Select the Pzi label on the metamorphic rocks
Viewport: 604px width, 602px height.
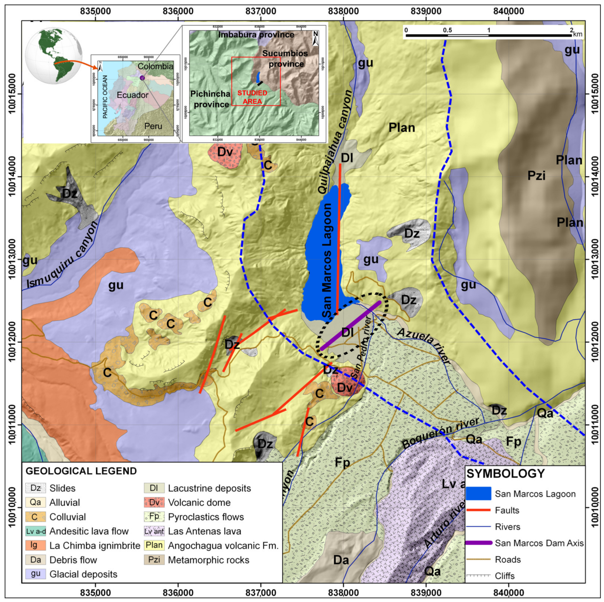[536, 176]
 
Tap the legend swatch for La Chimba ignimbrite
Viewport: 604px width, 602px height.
[35, 545]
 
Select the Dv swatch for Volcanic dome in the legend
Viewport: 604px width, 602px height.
[154, 503]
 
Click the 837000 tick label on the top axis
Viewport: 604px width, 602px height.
[260, 11]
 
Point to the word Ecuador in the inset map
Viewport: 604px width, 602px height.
[133, 95]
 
